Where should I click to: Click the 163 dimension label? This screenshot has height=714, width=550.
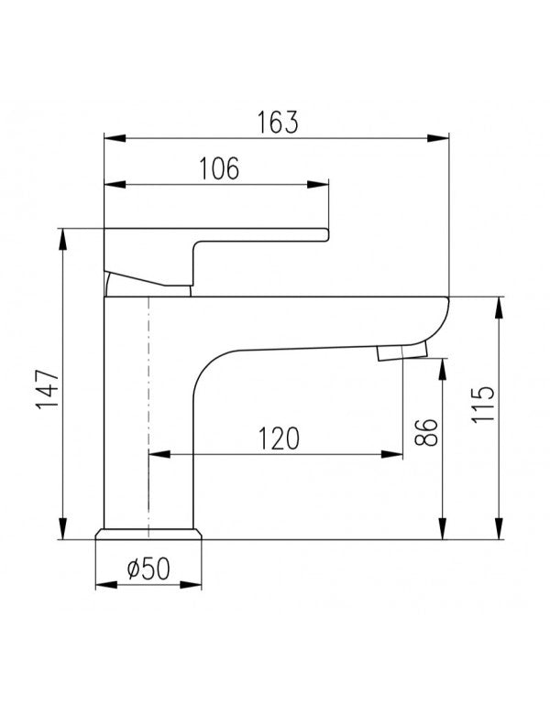pyautogui.click(x=278, y=122)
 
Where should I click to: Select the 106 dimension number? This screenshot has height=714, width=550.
pyautogui.click(x=219, y=168)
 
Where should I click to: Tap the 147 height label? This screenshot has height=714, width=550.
pyautogui.click(x=48, y=390)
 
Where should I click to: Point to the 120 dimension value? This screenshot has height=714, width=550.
pyautogui.click(x=279, y=438)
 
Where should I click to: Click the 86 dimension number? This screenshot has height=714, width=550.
pyautogui.click(x=426, y=432)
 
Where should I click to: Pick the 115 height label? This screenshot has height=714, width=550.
pyautogui.click(x=483, y=405)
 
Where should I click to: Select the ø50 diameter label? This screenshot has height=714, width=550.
pyautogui.click(x=148, y=568)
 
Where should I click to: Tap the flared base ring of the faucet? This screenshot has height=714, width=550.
pyautogui.click(x=148, y=535)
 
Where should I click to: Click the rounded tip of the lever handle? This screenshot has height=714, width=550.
pyautogui.click(x=325, y=234)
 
